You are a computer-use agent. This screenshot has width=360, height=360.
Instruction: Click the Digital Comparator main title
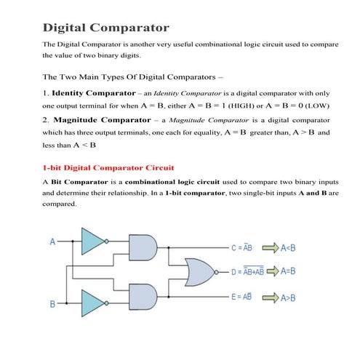pyautogui.click(x=106, y=28)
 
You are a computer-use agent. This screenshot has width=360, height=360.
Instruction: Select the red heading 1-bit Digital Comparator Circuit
pyautogui.click(x=108, y=168)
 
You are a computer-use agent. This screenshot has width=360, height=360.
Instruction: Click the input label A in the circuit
pyautogui.click(x=52, y=241)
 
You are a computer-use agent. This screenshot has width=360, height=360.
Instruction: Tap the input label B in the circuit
pyautogui.click(x=52, y=304)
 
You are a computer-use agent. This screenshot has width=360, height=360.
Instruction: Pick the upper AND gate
pyautogui.click(x=143, y=247)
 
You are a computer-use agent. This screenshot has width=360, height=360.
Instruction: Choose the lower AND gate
pyautogui.click(x=143, y=297)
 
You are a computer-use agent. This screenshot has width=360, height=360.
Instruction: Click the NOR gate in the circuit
pyautogui.click(x=200, y=272)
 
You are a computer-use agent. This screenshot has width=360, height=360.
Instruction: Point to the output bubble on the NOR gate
pyautogui.click(x=217, y=272)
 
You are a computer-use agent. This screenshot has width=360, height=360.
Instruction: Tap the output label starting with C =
pyautogui.click(x=241, y=247)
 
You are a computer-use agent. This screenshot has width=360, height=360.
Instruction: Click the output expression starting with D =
pyautogui.click(x=247, y=271)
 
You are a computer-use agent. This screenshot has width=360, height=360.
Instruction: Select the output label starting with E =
pyautogui.click(x=241, y=297)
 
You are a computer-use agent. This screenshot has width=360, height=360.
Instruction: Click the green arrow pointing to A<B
pyautogui.click(x=271, y=248)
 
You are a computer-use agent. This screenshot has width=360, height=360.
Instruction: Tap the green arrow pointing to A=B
pyautogui.click(x=273, y=271)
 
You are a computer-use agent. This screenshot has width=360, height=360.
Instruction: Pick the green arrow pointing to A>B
pyautogui.click(x=271, y=297)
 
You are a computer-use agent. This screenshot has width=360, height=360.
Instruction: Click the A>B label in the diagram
pyautogui.click(x=288, y=297)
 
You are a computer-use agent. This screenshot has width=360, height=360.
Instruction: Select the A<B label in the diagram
pyautogui.click(x=288, y=248)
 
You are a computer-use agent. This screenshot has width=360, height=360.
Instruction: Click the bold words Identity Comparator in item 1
pyautogui.click(x=94, y=93)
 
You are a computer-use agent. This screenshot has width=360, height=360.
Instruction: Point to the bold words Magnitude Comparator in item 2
pyautogui.click(x=102, y=120)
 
